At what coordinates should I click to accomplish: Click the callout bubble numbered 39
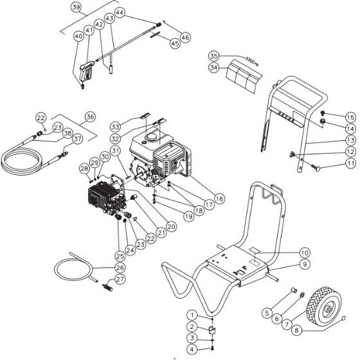tap(76, 7)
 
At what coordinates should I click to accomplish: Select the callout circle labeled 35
tap(213, 56)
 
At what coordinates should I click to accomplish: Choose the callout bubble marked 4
tap(192, 349)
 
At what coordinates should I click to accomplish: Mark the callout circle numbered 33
tap(115, 125)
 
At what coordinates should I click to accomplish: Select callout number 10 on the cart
tap(304, 253)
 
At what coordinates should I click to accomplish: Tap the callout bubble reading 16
tap(219, 199)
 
